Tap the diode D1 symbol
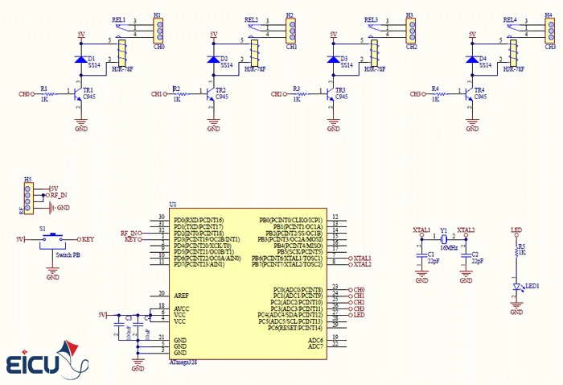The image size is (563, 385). (80, 60)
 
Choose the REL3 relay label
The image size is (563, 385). (371, 19)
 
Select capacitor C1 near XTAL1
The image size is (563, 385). (421, 258)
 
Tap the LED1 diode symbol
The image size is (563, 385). (517, 286)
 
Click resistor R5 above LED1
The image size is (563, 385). (517, 251)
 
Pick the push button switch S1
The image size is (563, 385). (53, 239)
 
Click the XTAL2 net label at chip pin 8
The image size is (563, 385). (362, 264)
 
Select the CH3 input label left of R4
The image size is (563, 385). (416, 94)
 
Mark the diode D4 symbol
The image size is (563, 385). (471, 60)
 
